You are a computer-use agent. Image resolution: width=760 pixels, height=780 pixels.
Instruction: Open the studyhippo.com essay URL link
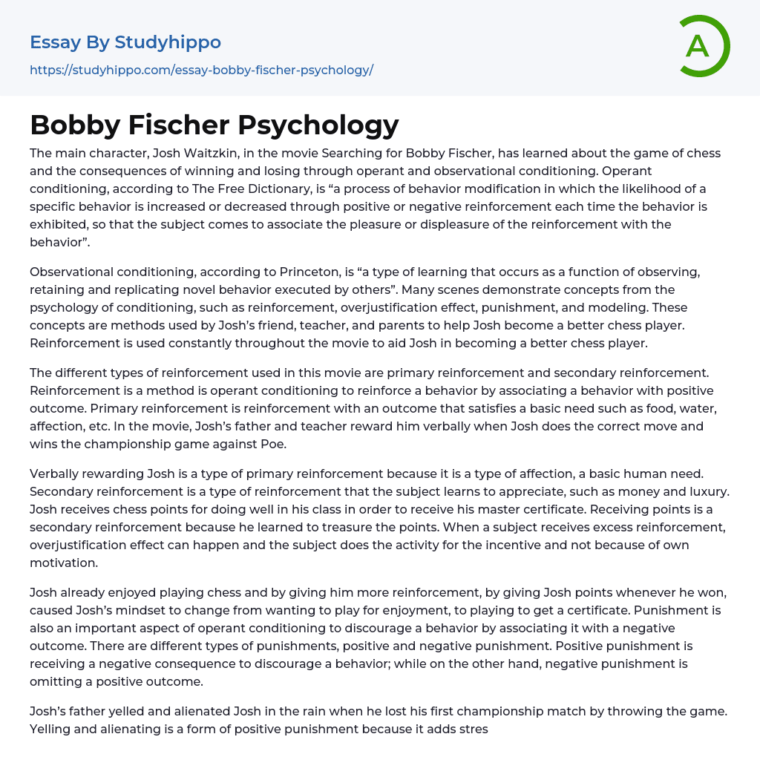(x=201, y=70)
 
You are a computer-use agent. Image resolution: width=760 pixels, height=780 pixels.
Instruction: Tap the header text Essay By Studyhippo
(x=125, y=42)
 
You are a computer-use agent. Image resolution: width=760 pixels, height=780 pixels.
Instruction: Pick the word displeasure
(x=453, y=225)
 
